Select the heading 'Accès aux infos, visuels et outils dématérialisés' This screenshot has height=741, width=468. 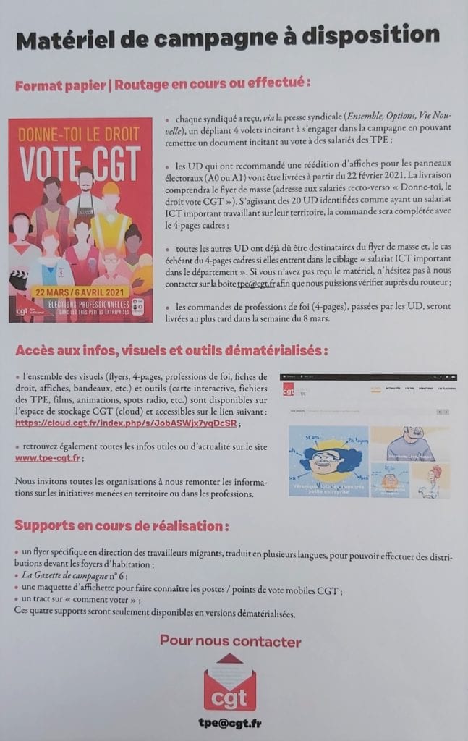point(171,351)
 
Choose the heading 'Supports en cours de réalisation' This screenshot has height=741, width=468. point(122,525)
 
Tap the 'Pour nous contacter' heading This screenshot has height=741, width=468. point(230,641)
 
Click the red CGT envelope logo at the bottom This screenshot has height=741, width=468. point(230,682)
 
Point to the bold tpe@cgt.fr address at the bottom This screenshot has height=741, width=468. point(230,723)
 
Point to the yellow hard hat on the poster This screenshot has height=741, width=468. point(110,190)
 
